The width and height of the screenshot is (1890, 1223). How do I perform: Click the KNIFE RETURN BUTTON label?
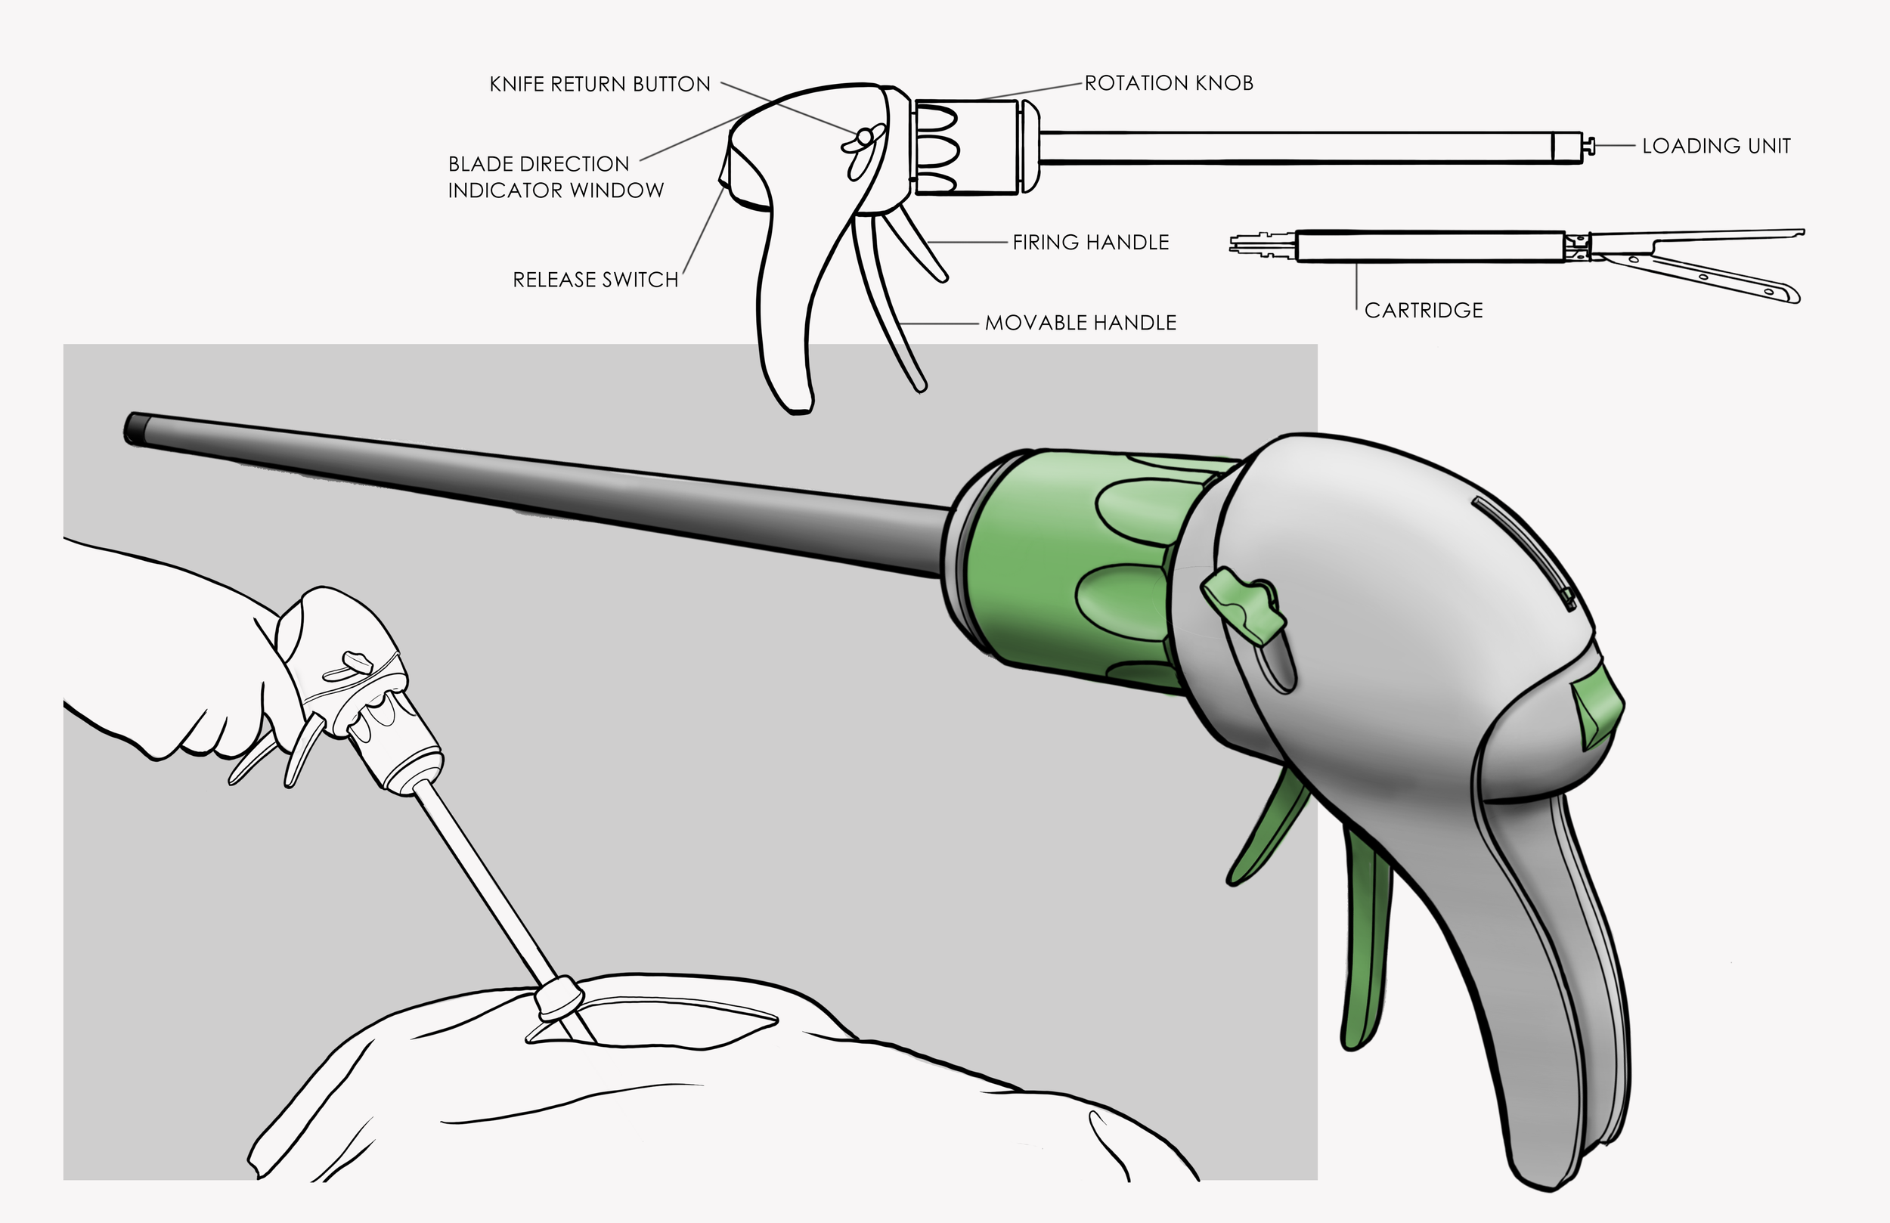pos(600,84)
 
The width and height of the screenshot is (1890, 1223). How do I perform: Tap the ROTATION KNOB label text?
pos(1169,82)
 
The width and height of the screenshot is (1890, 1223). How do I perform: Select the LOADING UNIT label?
pos(1716,146)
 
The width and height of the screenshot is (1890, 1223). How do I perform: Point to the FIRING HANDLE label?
pos(1090,242)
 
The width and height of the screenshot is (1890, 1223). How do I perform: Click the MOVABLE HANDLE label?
pos(1080,323)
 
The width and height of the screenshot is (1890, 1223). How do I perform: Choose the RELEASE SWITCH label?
pos(596,280)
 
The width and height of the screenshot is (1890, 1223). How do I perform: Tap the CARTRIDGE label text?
pos(1423,310)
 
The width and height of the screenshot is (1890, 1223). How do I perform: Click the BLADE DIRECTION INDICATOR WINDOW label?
pos(556,177)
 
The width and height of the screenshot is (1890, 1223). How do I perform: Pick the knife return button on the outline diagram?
pos(864,139)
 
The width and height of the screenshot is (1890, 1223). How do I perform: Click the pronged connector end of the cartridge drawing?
pos(1263,244)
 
